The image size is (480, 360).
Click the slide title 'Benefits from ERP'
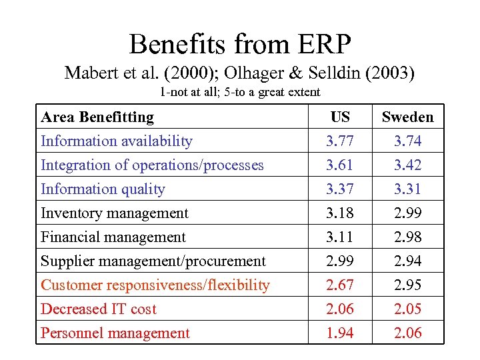240,44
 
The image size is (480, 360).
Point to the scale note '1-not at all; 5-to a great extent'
240,92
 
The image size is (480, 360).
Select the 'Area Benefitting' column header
97,117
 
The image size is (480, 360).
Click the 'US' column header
340,117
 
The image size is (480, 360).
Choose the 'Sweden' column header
407,117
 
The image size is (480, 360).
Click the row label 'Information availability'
117,141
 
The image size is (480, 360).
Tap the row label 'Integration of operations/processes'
152,165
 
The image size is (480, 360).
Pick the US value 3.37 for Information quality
340,189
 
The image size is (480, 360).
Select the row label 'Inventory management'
115,213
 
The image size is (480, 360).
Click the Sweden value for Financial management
407,237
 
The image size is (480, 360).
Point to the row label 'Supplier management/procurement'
153,261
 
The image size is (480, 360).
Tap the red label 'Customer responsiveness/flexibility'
155,285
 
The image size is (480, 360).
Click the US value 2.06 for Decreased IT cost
340,309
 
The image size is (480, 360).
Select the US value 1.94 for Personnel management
340,333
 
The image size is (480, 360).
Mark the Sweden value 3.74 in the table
407,141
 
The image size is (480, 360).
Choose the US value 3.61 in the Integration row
340,165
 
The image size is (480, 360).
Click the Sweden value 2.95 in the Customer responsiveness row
407,285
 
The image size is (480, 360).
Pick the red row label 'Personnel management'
115,333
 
